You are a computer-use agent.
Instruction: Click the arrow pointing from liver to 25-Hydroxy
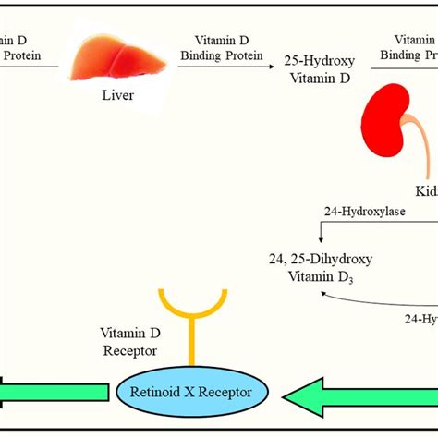pos(227,66)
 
